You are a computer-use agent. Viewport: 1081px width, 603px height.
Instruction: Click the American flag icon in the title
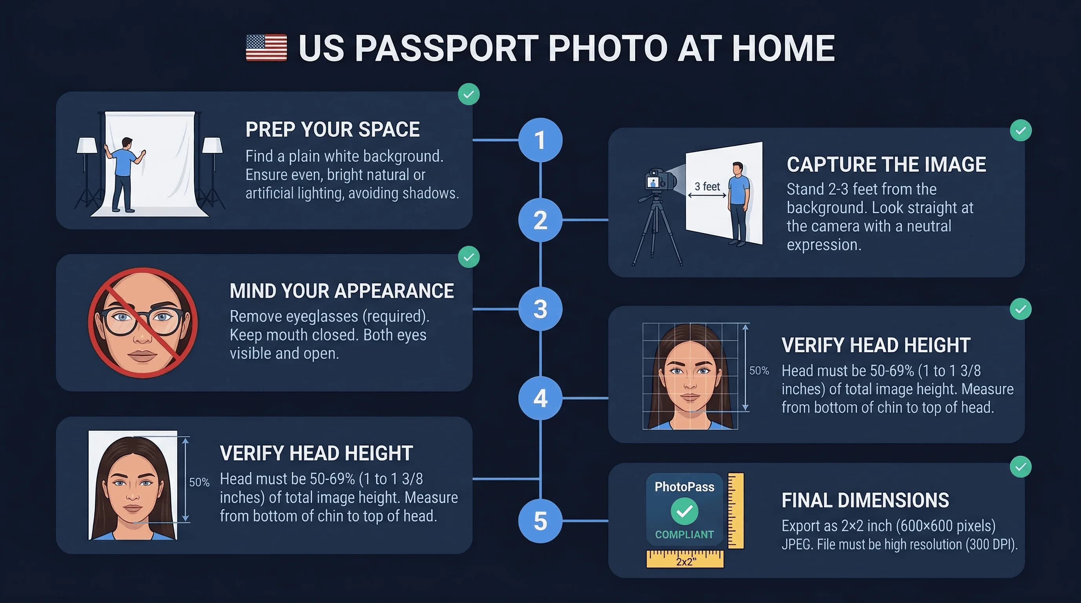point(266,48)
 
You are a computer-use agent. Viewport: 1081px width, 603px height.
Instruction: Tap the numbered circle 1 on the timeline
point(540,140)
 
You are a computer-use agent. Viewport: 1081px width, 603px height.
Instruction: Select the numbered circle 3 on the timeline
point(540,309)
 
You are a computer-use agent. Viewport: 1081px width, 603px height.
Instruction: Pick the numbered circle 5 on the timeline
point(540,521)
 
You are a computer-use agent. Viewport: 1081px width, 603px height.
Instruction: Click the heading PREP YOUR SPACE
point(332,130)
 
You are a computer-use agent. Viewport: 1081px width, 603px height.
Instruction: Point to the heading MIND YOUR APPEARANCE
point(342,291)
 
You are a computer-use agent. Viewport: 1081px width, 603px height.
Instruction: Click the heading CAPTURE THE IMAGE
point(886,164)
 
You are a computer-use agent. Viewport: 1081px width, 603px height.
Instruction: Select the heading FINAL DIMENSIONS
point(865,500)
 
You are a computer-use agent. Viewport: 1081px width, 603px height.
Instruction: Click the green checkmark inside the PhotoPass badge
point(684,511)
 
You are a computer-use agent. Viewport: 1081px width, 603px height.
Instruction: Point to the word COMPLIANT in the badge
point(684,535)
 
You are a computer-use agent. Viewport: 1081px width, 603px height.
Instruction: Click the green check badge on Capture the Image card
point(1021,130)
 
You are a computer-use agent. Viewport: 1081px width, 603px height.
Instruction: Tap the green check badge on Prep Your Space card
point(468,94)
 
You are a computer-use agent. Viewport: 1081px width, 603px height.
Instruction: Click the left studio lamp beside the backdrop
point(87,147)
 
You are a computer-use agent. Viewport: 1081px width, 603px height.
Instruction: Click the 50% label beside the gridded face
point(759,371)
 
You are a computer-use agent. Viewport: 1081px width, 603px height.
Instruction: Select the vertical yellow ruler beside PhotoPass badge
point(736,510)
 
